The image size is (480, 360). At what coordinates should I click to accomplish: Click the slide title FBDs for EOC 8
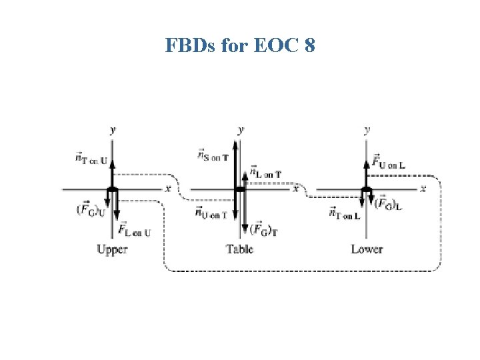[239, 46]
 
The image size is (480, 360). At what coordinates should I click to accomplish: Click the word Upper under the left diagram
[111, 249]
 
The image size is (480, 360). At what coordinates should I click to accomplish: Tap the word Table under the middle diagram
[239, 249]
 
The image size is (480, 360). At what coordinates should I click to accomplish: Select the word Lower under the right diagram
[367, 249]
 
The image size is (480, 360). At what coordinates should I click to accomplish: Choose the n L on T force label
[266, 172]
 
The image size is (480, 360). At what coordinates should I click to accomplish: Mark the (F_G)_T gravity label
[265, 229]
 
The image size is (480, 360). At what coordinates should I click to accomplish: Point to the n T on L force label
[345, 213]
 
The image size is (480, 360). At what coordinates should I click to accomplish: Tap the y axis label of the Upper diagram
[112, 129]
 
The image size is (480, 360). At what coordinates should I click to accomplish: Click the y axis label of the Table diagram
[240, 129]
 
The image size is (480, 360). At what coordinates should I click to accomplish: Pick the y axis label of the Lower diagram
[367, 129]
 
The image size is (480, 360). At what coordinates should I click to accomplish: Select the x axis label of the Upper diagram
[168, 189]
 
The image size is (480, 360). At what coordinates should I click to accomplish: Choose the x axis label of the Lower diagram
[423, 189]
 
